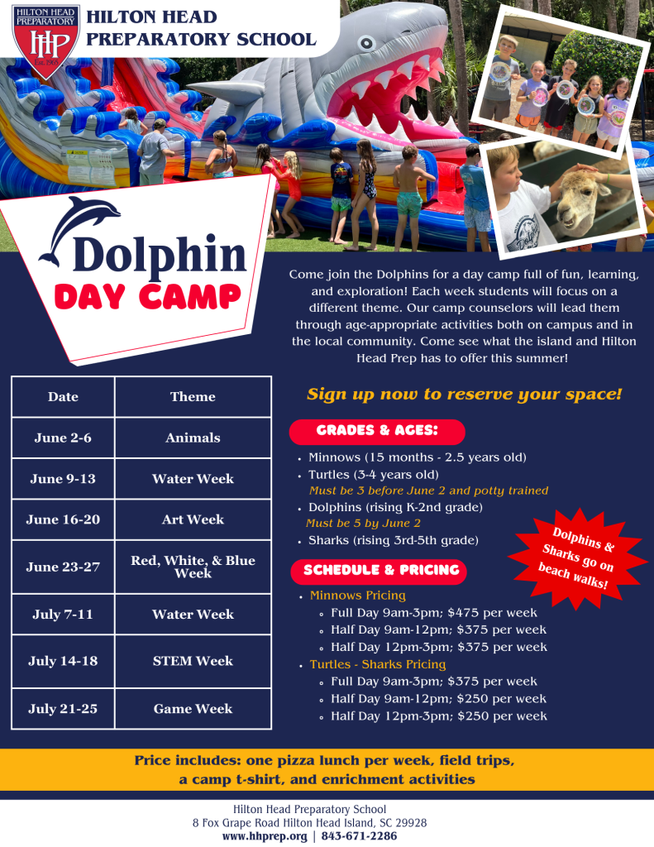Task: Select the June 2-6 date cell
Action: coord(63,438)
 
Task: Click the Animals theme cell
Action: coord(193,438)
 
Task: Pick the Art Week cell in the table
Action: coord(193,519)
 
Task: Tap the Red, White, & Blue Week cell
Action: coord(193,567)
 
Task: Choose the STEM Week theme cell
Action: coord(193,661)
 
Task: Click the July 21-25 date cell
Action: coord(63,709)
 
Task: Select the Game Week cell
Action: coord(193,709)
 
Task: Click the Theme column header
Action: coord(193,397)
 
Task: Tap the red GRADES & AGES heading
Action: coord(377,431)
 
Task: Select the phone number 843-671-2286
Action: coord(360,836)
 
